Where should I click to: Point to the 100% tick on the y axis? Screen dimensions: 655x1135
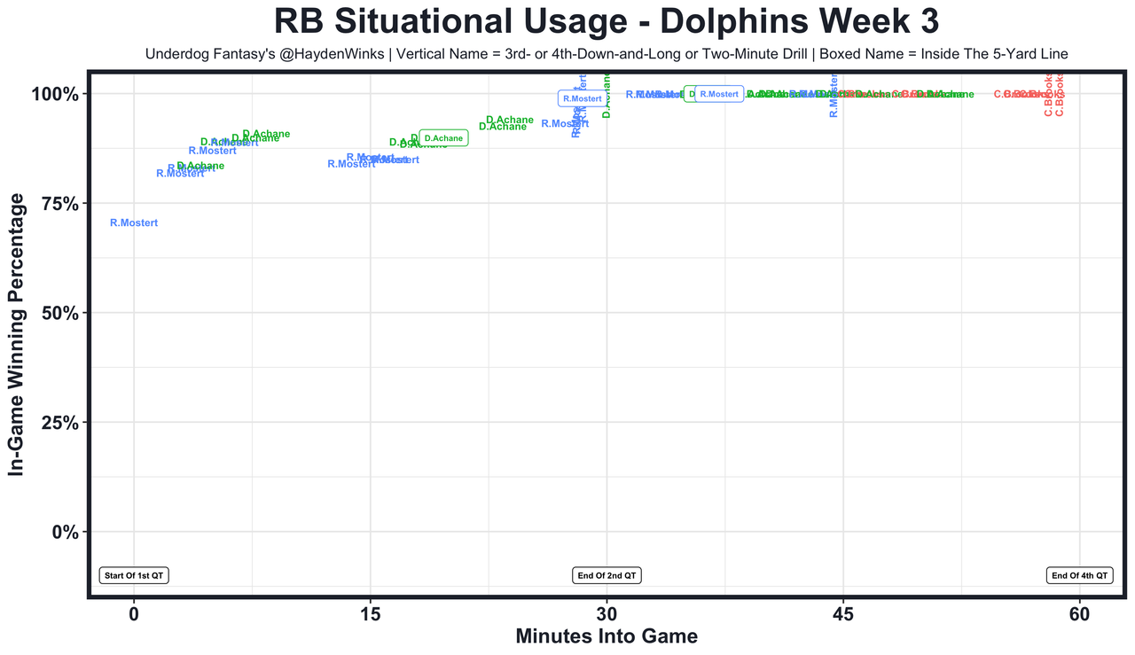click(x=57, y=94)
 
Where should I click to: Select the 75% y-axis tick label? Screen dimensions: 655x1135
click(x=61, y=204)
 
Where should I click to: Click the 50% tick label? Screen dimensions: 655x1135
click(x=61, y=313)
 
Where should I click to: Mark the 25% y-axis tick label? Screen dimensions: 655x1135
click(x=61, y=423)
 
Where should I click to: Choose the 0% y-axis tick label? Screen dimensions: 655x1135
click(x=67, y=532)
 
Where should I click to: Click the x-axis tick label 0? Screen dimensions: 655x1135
click(x=134, y=613)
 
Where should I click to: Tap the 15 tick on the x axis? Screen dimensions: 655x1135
click(x=370, y=613)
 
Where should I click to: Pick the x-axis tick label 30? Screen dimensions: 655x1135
click(x=607, y=613)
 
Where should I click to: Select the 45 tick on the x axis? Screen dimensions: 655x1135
click(x=842, y=613)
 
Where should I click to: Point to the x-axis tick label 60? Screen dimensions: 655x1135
click(x=1079, y=613)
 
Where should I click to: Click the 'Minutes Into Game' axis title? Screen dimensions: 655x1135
click(x=607, y=636)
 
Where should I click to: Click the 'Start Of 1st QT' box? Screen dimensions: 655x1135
click(x=134, y=575)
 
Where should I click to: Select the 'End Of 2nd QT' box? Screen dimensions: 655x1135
click(x=607, y=575)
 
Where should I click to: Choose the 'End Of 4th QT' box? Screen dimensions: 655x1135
click(x=1079, y=575)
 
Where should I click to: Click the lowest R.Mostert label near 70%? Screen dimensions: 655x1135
click(x=134, y=223)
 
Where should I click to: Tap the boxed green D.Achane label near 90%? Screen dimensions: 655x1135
click(x=443, y=138)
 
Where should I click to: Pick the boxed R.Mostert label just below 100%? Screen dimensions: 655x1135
click(x=582, y=98)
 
